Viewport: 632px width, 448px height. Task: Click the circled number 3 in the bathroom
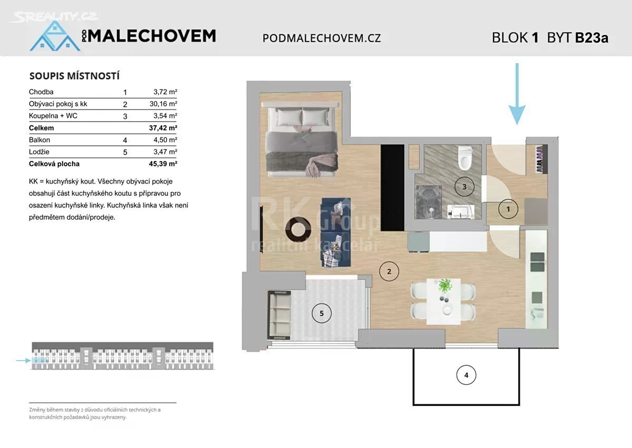tap(465, 187)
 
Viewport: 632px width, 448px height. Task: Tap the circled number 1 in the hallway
tap(508, 209)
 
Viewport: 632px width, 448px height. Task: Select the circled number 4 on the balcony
tap(466, 375)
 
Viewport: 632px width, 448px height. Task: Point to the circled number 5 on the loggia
tap(321, 313)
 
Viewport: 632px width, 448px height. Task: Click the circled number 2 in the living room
tap(389, 272)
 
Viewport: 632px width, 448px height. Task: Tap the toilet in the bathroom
tap(463, 158)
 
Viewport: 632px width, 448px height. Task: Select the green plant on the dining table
tap(445, 286)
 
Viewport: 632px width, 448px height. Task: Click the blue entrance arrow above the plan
tap(517, 94)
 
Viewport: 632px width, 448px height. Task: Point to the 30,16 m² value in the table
tap(163, 104)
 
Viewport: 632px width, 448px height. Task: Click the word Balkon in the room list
tap(39, 140)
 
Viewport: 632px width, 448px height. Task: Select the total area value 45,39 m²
tap(163, 164)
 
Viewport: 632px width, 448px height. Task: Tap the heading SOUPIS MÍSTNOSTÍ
tap(74, 76)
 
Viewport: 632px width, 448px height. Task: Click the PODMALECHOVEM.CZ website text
tap(322, 38)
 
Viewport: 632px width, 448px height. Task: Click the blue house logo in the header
tap(55, 36)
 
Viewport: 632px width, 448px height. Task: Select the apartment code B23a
tap(591, 38)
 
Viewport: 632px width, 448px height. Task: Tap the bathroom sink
tap(461, 212)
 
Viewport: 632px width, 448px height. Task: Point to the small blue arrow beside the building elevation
tap(23, 360)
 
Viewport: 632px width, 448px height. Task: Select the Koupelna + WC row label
tap(53, 116)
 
